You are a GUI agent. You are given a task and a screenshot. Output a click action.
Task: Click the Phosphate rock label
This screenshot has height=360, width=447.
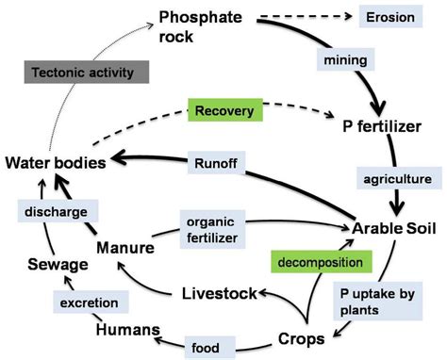click(200, 26)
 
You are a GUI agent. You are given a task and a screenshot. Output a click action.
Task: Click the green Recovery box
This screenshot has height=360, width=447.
click(224, 110)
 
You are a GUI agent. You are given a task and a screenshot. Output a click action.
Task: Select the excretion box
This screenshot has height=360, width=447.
click(64, 303)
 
